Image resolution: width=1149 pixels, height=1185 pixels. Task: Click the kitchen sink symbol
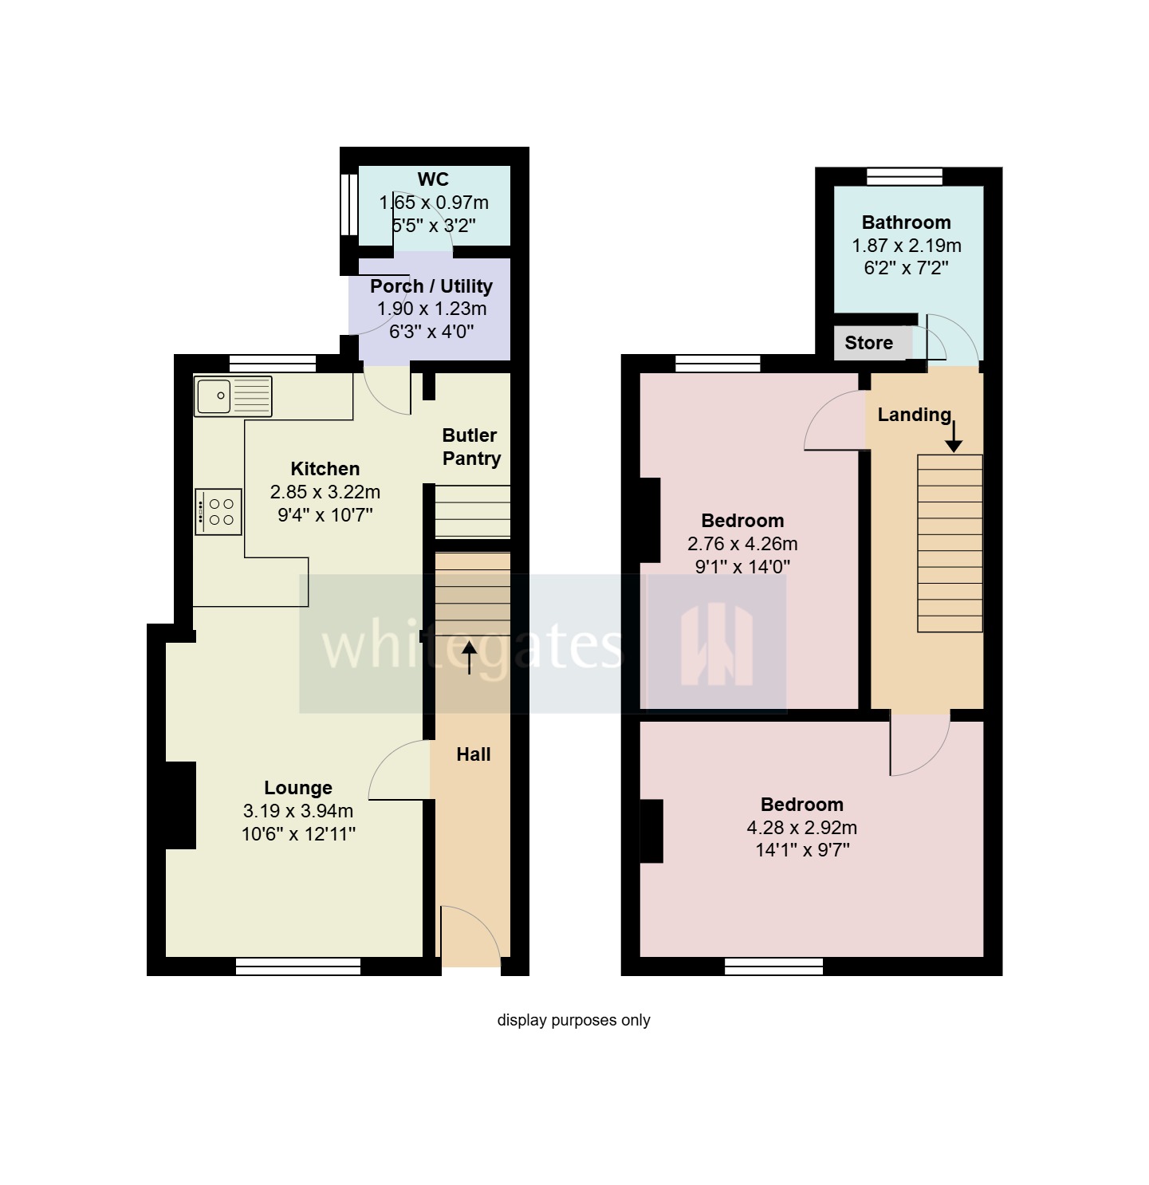(x=233, y=396)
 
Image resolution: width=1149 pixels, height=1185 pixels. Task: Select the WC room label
(x=433, y=179)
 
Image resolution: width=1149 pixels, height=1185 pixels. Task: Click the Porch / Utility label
(x=431, y=286)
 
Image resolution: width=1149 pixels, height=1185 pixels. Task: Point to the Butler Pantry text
(x=470, y=447)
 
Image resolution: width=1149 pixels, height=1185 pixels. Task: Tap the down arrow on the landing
(x=953, y=436)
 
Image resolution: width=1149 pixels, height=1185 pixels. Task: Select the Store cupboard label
(x=868, y=343)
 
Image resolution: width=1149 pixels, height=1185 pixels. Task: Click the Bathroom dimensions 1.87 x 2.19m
(x=906, y=246)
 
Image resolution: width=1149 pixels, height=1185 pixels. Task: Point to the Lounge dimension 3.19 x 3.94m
(x=297, y=811)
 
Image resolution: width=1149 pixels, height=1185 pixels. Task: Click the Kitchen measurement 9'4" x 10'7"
(x=325, y=515)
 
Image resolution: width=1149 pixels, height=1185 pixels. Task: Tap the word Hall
(x=473, y=754)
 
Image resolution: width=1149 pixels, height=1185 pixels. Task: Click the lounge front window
(x=298, y=967)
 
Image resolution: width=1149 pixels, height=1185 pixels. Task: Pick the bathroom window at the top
(x=904, y=176)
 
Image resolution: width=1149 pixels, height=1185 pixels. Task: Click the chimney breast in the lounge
(x=180, y=805)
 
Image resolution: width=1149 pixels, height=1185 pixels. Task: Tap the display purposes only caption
(x=573, y=1020)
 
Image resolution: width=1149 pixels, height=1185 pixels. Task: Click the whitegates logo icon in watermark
(x=716, y=644)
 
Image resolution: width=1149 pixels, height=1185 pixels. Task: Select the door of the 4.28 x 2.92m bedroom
(x=919, y=743)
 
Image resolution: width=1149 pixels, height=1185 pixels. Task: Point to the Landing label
(x=914, y=415)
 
